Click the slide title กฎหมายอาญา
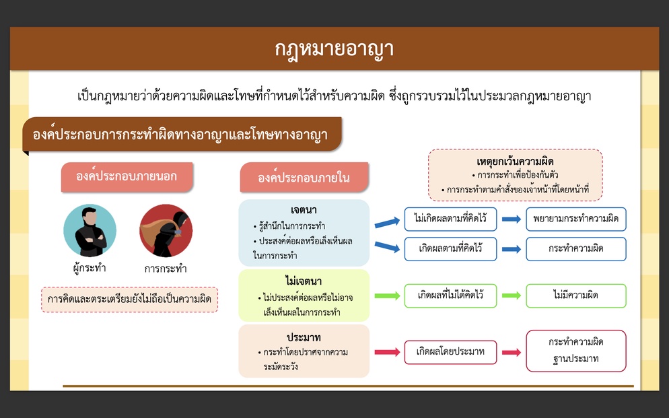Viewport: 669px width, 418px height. coord(334,49)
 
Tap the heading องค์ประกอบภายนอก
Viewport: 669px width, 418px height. coord(127,176)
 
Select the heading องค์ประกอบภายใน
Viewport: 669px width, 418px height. coord(304,178)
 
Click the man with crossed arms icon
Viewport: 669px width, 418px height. coord(90,230)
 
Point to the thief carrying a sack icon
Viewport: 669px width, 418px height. coord(166,230)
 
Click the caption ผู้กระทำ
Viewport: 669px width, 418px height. coord(89,268)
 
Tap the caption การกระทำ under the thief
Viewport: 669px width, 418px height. coord(166,269)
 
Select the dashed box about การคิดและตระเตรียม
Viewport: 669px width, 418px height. coord(130,300)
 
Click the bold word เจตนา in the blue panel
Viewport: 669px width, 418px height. coord(304,210)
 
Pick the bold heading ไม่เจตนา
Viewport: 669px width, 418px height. coord(304,281)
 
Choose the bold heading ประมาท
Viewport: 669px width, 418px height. coord(304,337)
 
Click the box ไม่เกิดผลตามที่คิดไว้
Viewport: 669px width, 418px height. coord(450,219)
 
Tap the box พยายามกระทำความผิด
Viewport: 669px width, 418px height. coord(576,219)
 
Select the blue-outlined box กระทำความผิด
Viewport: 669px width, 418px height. coord(576,248)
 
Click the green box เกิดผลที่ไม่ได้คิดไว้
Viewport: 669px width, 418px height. coord(450,295)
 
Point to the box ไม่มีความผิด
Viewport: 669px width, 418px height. coord(576,295)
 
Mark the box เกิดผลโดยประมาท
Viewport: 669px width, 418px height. coord(450,352)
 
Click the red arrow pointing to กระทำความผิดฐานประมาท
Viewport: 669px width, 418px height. coord(511,352)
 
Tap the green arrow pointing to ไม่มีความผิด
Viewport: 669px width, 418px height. coord(511,295)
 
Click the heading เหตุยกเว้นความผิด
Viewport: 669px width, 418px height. coord(515,162)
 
